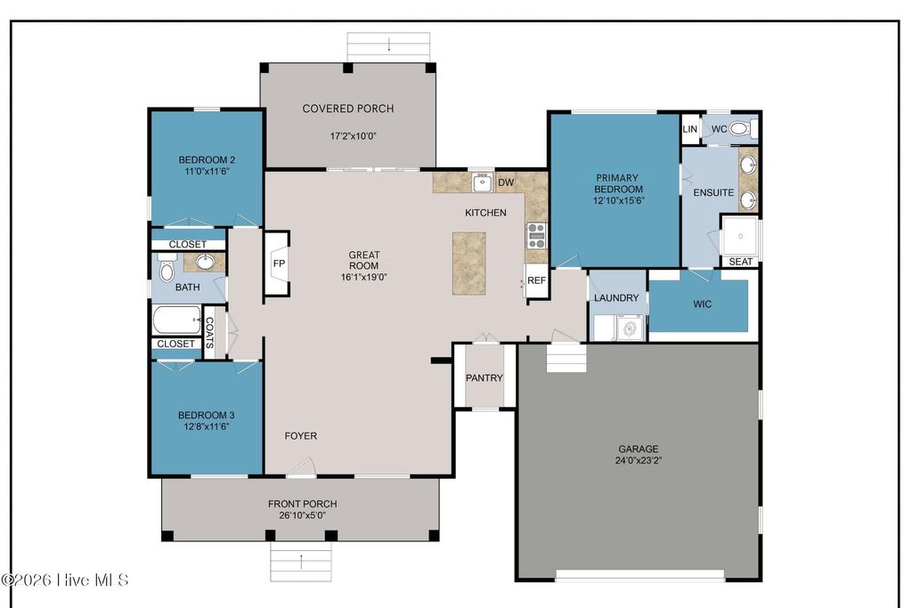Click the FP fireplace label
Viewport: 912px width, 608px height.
click(x=278, y=264)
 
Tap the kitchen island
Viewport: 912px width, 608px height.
click(x=468, y=263)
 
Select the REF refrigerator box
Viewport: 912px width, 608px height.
click(x=536, y=280)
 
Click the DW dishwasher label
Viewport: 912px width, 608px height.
click(x=506, y=183)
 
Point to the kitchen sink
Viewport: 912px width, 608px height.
click(x=482, y=183)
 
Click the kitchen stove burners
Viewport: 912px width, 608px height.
click(x=536, y=235)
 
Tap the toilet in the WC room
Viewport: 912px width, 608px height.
click(x=741, y=129)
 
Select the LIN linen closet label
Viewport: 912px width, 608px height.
click(x=690, y=129)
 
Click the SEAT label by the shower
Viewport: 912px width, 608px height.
click(x=740, y=262)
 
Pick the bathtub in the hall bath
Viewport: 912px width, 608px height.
click(x=176, y=319)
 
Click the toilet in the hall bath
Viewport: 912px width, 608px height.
click(x=166, y=269)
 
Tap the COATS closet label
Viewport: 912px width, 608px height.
click(x=210, y=333)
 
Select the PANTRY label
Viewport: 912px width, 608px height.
click(x=484, y=378)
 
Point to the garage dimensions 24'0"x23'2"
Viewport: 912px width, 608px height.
click(x=639, y=461)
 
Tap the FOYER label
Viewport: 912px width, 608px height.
click(x=300, y=436)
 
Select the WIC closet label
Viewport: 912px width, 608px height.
click(x=703, y=304)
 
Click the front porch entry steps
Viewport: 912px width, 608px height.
click(x=301, y=563)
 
